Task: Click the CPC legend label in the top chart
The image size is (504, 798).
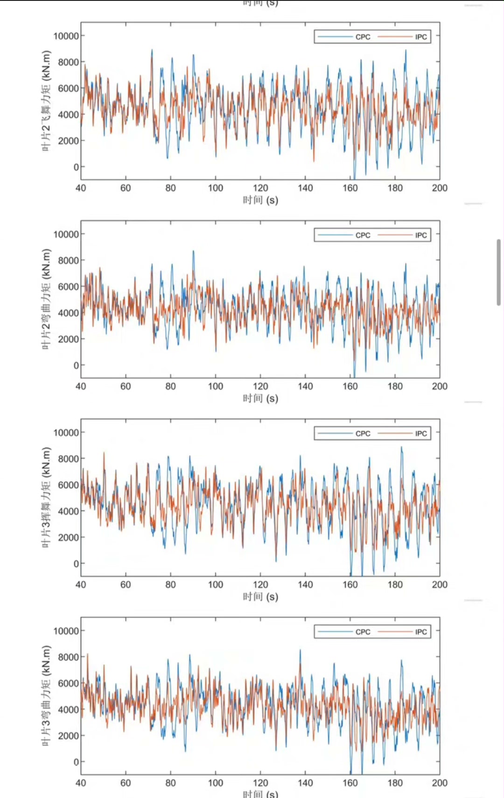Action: (x=363, y=37)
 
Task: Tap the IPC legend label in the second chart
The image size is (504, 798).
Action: (x=421, y=235)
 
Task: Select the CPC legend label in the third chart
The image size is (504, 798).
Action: (x=363, y=433)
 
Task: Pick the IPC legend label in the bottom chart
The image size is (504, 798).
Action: (x=421, y=632)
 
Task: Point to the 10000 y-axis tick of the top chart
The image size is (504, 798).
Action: (x=66, y=36)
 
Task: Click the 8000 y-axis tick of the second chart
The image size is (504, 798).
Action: (x=68, y=260)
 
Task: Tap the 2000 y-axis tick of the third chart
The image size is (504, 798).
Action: (x=68, y=537)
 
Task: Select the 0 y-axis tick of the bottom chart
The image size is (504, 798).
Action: (x=76, y=762)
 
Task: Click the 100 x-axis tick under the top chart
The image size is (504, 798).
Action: (x=216, y=188)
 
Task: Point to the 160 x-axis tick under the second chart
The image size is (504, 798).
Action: (x=350, y=386)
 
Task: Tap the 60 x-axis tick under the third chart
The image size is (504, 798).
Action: (x=126, y=584)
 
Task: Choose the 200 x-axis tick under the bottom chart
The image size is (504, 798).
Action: (x=440, y=783)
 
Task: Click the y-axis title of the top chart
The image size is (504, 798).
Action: (x=46, y=100)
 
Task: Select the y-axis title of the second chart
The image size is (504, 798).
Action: (x=46, y=299)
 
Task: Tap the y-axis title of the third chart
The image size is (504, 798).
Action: (x=46, y=497)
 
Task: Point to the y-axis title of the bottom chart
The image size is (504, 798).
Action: (x=46, y=696)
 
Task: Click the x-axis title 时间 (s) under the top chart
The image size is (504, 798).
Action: (x=260, y=200)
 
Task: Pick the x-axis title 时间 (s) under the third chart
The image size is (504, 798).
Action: (x=260, y=597)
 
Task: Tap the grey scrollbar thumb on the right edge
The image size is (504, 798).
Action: (x=498, y=272)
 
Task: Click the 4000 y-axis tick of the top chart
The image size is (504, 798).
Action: (x=68, y=114)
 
